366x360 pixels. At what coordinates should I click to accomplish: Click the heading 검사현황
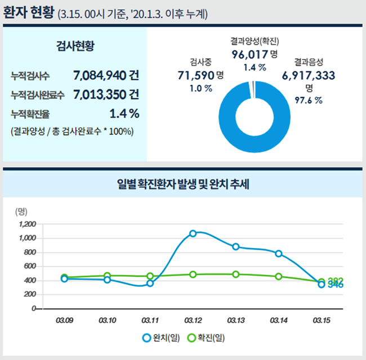[75, 46]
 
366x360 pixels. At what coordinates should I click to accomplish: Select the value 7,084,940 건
[106, 74]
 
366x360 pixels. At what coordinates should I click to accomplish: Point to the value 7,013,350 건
[106, 93]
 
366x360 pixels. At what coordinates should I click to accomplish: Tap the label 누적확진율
[30, 114]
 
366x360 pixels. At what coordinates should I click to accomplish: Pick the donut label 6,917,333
[309, 75]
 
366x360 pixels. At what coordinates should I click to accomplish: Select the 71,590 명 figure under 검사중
[201, 75]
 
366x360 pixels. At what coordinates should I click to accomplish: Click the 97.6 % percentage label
[309, 100]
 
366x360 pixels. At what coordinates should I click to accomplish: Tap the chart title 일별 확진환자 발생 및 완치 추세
[184, 184]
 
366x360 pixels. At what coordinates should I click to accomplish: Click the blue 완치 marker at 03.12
[193, 233]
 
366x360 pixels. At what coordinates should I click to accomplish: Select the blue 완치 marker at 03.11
[150, 283]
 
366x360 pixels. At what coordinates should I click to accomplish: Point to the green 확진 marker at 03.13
[236, 274]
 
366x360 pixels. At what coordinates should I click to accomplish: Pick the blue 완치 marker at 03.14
[279, 254]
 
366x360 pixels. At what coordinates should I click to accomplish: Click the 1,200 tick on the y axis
[27, 224]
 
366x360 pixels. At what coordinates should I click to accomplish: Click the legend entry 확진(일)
[206, 338]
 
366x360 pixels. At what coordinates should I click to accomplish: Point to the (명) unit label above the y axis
[21, 211]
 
